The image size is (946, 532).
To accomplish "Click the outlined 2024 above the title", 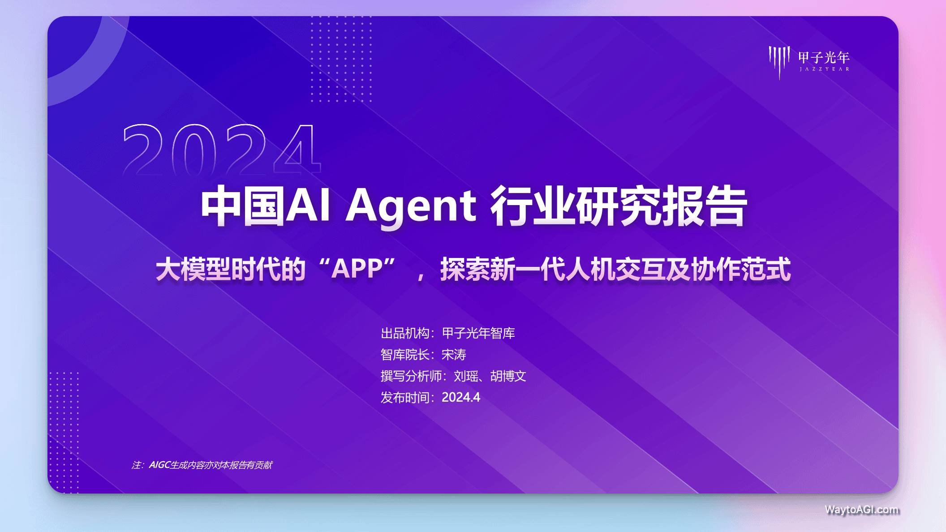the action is [x=222, y=150].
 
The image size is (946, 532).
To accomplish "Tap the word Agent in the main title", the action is [x=411, y=206].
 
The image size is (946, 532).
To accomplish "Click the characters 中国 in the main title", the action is [x=243, y=206].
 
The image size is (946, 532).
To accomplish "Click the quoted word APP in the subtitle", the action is [x=357, y=269].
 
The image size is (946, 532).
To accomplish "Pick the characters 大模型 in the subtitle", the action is [x=193, y=270].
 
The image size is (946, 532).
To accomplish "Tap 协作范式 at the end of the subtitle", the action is [x=741, y=270].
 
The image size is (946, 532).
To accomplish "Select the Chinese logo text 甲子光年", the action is [x=824, y=57].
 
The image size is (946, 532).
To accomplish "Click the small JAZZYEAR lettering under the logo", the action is [x=824, y=69].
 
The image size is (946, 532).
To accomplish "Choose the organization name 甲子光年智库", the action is [x=478, y=333].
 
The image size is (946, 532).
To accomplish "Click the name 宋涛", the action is [x=454, y=355].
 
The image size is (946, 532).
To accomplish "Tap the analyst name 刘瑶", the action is [x=466, y=376].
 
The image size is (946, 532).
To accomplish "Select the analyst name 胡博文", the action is [x=508, y=376].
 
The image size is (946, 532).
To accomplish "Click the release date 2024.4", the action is [x=461, y=397].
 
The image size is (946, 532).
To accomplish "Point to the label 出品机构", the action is [x=405, y=333].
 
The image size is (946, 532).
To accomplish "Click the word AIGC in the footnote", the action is [x=159, y=465].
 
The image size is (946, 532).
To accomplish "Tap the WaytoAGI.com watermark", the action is [x=862, y=510].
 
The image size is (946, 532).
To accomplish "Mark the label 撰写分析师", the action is [x=411, y=376].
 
